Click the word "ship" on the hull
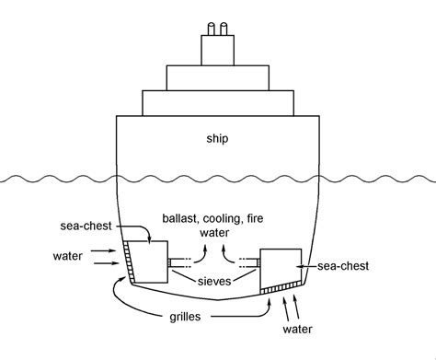(x=217, y=139)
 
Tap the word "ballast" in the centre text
(x=182, y=219)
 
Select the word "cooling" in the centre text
(x=230, y=219)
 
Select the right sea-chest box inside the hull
(x=282, y=267)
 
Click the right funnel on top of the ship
(x=224, y=29)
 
